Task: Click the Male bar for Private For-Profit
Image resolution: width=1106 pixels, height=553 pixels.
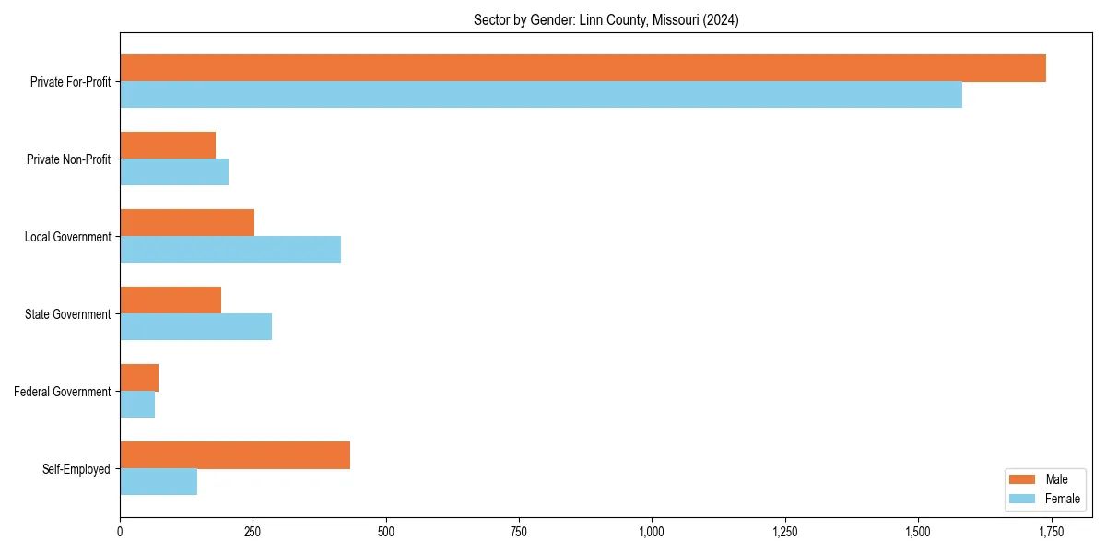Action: [582, 68]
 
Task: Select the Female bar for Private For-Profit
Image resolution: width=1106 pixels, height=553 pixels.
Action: [541, 95]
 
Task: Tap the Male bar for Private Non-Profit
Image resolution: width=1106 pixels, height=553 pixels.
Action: [168, 146]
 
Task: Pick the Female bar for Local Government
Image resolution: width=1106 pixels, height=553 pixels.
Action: [230, 250]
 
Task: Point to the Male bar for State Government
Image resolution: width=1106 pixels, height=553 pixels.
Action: [171, 300]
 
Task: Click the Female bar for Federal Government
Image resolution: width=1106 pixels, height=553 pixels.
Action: [137, 405]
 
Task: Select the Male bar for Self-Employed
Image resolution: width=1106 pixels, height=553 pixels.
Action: [235, 455]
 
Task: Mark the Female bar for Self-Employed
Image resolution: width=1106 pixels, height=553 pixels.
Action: [159, 482]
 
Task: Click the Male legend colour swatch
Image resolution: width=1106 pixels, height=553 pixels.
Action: [1023, 479]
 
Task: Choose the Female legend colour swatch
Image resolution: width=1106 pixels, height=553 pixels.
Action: [1023, 499]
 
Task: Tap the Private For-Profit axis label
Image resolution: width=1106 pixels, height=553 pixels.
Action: [70, 82]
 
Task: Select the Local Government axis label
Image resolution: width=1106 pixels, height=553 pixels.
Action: [67, 237]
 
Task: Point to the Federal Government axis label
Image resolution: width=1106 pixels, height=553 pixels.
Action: [63, 392]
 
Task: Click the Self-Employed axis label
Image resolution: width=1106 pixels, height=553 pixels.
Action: [76, 469]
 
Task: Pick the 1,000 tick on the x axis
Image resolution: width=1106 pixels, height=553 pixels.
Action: [652, 532]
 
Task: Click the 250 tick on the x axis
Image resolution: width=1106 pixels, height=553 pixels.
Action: [253, 532]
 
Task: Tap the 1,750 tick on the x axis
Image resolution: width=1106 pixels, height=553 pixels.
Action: [1051, 532]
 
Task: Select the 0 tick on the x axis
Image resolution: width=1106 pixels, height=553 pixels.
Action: [120, 532]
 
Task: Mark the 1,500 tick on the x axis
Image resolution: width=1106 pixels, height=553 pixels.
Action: [918, 532]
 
